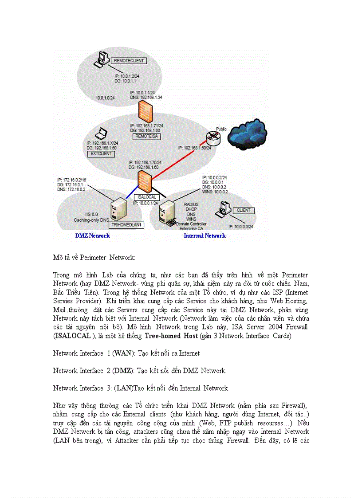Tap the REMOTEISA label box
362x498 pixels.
146,137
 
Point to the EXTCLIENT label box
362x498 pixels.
101,154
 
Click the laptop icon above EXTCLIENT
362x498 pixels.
102,133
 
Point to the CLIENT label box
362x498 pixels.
244,210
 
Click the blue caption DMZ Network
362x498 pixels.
92,236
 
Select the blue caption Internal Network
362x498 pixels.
205,236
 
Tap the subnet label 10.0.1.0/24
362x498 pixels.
105,97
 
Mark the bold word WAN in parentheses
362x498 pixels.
120,353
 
